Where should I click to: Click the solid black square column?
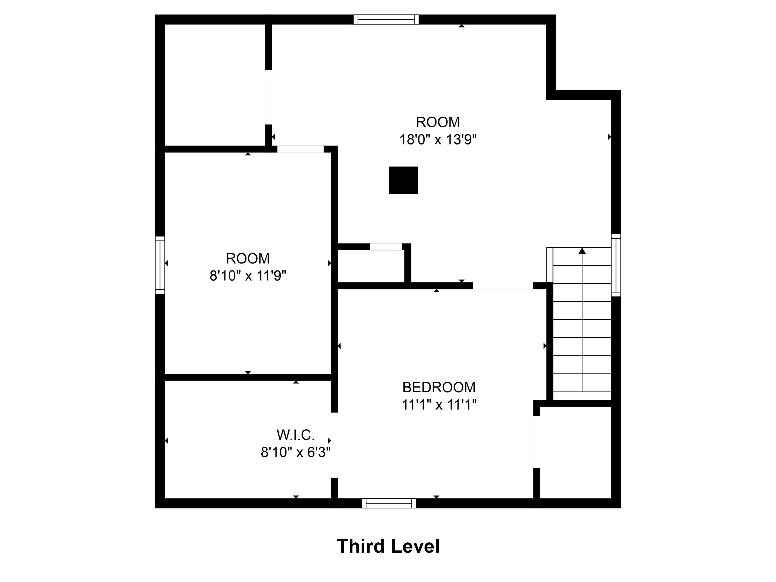tap(403, 180)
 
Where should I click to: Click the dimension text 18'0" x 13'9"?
tap(438, 140)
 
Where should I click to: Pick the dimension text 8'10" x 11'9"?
tap(248, 276)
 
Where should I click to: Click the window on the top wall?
tap(386, 19)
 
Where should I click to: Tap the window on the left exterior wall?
tap(160, 265)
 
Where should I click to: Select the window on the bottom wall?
tap(389, 503)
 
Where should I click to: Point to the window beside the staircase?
tap(616, 265)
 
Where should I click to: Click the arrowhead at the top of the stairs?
tap(582, 251)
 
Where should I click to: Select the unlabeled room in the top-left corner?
tap(215, 84)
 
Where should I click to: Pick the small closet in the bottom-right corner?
tap(575, 453)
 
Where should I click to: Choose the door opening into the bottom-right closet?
tap(536, 442)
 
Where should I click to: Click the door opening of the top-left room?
tap(268, 97)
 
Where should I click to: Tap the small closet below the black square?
tap(370, 266)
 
